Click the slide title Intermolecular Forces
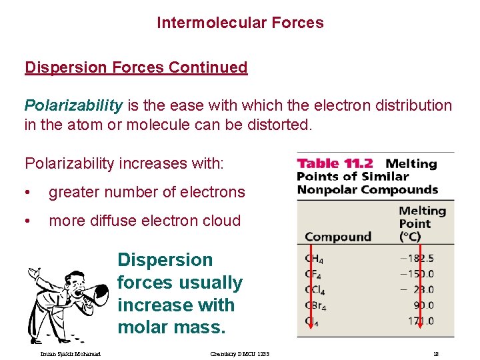click(240, 23)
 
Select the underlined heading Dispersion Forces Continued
click(136, 67)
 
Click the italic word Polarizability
click(73, 105)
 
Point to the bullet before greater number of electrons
click(27, 193)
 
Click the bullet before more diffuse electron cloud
click(27, 221)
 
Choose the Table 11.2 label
click(335, 163)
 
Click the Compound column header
click(337, 237)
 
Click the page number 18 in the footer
click(435, 353)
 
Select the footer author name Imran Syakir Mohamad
click(65, 353)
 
